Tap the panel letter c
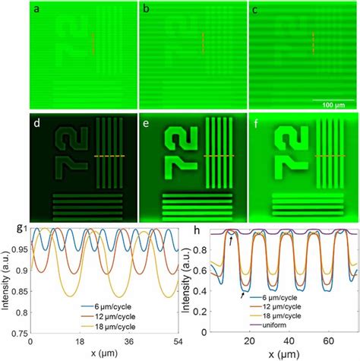point(255,10)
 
